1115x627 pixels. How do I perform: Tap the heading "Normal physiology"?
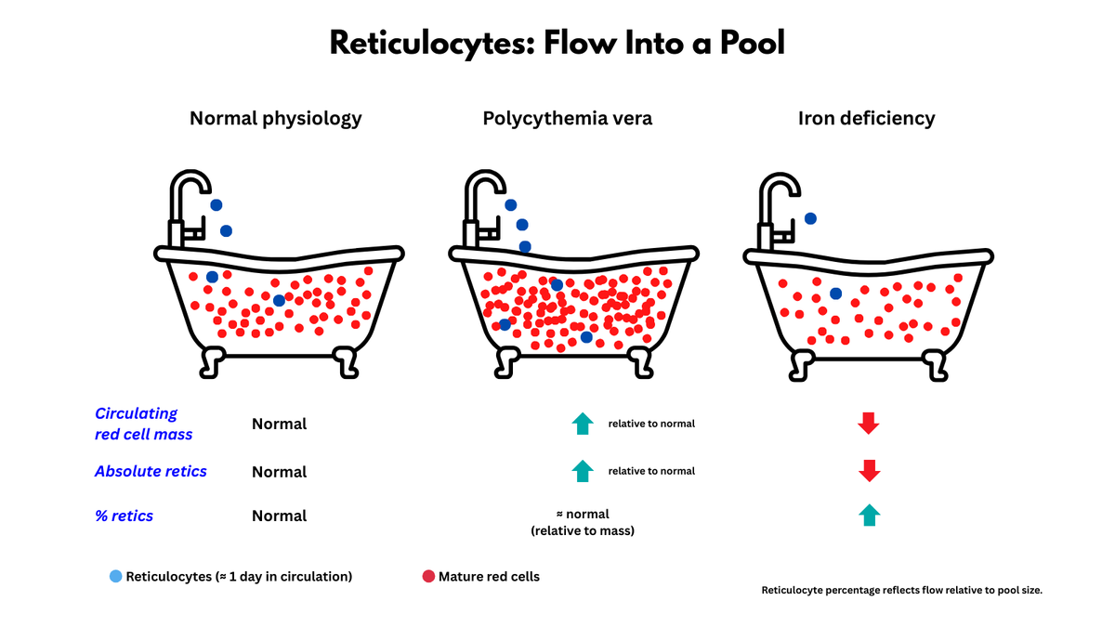tap(276, 118)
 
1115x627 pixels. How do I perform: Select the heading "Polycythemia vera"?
tap(567, 118)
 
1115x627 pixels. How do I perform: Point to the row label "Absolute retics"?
tap(151, 471)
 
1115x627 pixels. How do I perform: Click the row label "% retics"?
tap(124, 516)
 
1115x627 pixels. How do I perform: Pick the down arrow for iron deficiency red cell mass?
tap(868, 424)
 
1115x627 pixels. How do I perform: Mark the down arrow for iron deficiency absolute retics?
tap(868, 471)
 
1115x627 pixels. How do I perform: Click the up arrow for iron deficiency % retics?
tap(868, 516)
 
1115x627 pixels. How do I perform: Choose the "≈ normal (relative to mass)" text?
tap(582, 522)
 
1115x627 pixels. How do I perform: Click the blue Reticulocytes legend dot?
tap(115, 577)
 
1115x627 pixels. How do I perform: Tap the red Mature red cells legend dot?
tap(428, 577)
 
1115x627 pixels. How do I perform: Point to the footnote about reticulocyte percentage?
tap(901, 590)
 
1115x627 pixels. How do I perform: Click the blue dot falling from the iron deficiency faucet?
tap(810, 218)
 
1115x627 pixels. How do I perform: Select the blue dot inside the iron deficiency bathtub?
tap(835, 294)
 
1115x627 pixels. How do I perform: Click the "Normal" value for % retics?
tap(279, 516)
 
